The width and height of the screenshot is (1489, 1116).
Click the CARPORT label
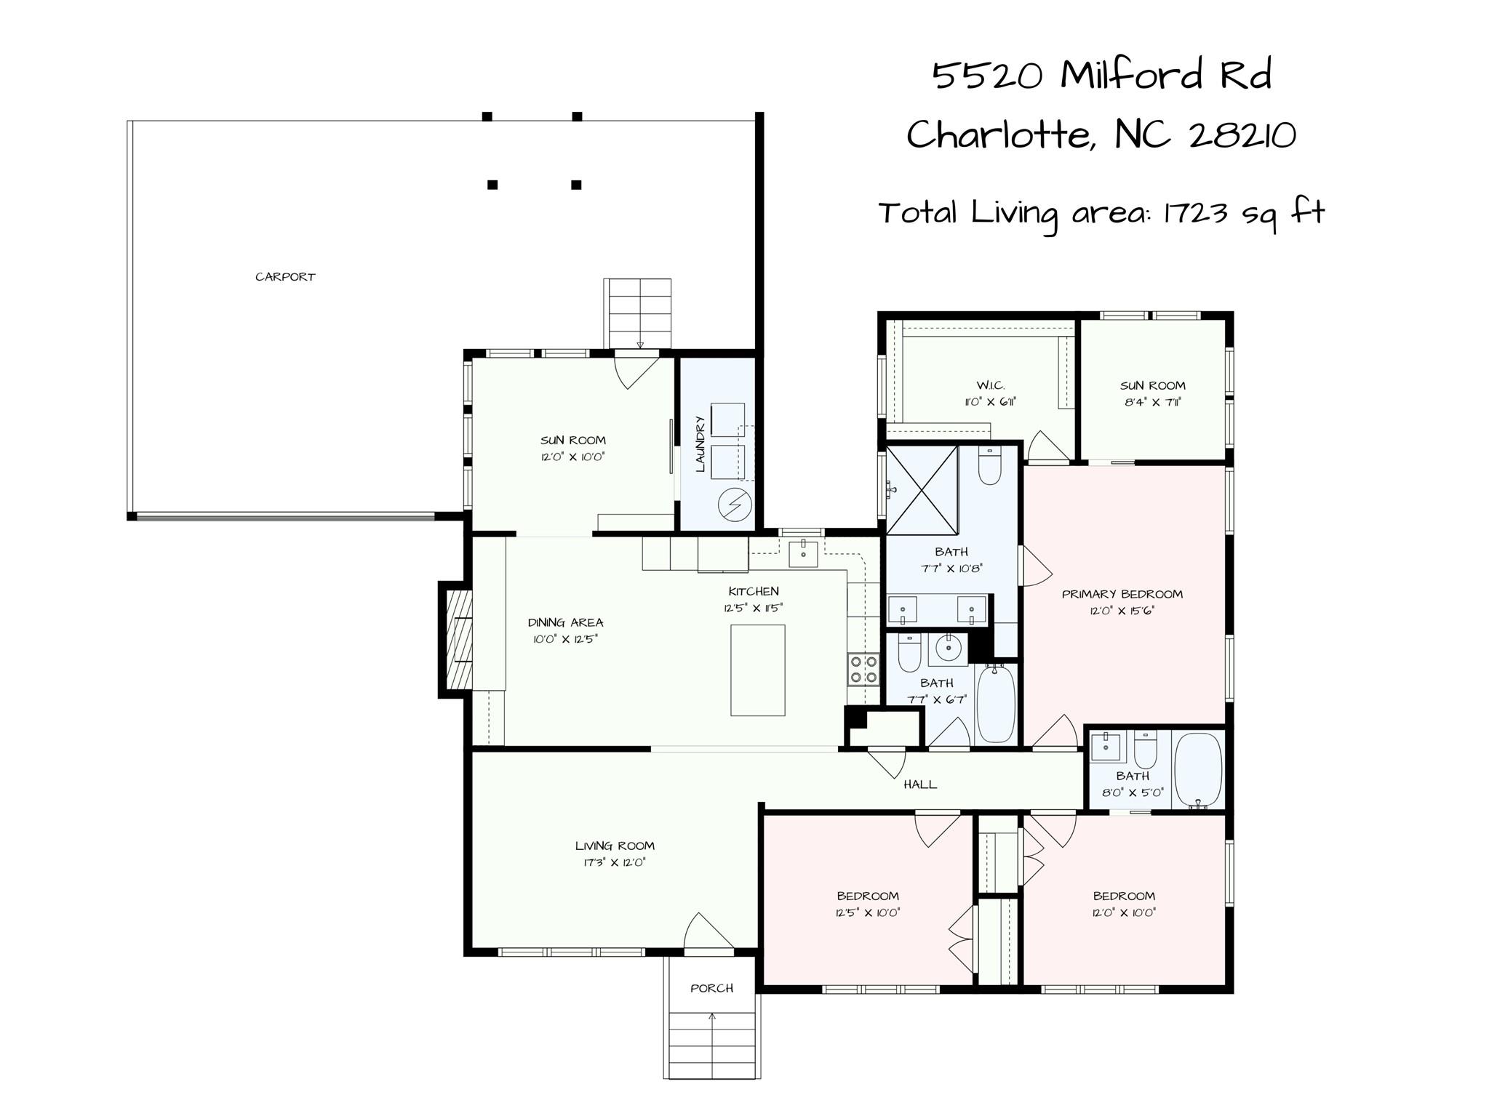point(285,277)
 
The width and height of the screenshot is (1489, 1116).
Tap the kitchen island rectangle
point(757,670)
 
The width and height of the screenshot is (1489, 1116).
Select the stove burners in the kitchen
point(863,670)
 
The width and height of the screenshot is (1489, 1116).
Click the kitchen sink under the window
point(803,554)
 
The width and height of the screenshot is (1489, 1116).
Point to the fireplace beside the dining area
point(455,640)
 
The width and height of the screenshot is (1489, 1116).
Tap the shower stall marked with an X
point(922,491)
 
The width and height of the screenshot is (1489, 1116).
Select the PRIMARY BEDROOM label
point(1122,594)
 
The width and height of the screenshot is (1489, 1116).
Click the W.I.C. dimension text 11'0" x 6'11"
point(990,402)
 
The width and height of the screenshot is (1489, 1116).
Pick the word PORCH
point(711,988)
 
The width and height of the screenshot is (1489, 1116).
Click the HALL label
point(920,784)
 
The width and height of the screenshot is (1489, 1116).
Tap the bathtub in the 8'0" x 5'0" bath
point(1197,771)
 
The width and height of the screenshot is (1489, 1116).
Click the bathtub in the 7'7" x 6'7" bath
point(995,704)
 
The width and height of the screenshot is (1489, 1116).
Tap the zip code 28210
point(1242,135)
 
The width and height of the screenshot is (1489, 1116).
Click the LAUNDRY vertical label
point(700,444)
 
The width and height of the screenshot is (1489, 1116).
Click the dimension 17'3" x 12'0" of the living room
point(615,863)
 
